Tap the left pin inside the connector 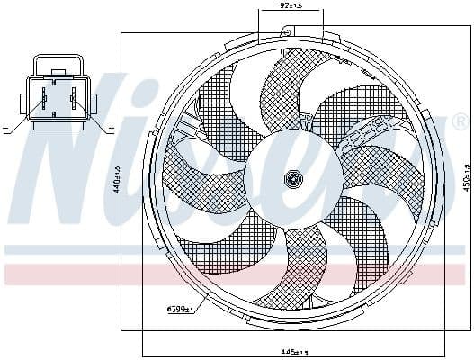click(x=43, y=98)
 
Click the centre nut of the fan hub click(x=292, y=179)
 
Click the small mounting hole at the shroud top click(x=285, y=32)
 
